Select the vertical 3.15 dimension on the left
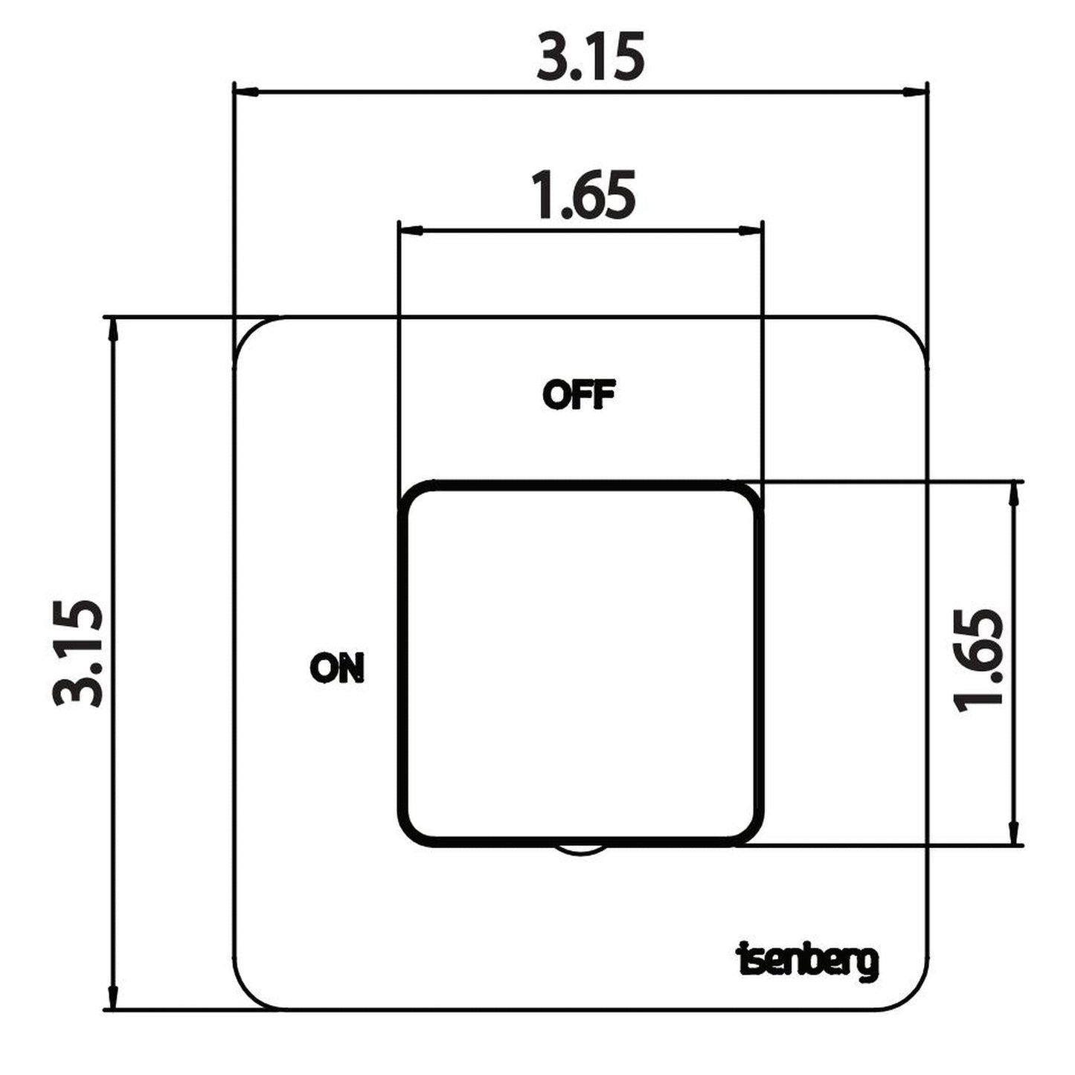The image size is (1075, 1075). tap(77, 653)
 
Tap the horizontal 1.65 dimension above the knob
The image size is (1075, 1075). tap(583, 195)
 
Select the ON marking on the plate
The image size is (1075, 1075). tap(337, 668)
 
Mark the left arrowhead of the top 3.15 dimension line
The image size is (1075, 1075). tap(247, 92)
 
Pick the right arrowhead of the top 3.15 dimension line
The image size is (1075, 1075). tap(915, 92)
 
